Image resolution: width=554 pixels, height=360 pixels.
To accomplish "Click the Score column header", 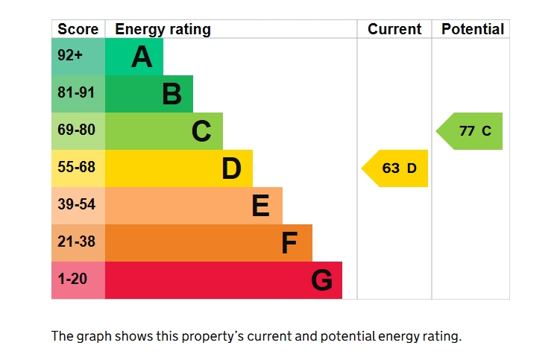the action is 78,29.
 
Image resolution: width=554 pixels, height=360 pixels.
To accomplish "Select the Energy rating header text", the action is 163,30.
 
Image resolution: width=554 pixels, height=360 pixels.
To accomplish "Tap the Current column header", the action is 394,29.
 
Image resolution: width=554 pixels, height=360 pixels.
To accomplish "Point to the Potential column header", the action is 473,29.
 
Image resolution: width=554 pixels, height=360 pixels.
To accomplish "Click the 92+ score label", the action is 70,55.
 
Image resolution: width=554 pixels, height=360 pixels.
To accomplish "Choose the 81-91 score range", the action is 76,92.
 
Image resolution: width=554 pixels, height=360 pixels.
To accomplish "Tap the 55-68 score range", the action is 76,167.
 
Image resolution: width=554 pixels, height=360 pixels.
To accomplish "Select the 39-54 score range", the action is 76,204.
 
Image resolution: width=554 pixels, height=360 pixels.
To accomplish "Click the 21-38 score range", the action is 76,241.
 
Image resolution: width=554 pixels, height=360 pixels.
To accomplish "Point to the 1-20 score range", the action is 72,279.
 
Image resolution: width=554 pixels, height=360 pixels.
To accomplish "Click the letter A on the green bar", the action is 142,57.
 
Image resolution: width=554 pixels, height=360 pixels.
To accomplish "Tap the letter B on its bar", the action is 172,94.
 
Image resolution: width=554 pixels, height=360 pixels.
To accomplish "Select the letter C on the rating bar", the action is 201,131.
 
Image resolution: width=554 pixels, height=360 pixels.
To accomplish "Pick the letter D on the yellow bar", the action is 232,168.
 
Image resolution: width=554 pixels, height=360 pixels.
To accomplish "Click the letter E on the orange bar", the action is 261,205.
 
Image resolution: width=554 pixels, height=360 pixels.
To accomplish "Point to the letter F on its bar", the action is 289,243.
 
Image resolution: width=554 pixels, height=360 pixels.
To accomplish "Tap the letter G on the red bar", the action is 321,280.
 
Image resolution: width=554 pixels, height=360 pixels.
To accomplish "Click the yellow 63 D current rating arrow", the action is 394,168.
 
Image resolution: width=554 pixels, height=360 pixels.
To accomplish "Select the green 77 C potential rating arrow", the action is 469,131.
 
